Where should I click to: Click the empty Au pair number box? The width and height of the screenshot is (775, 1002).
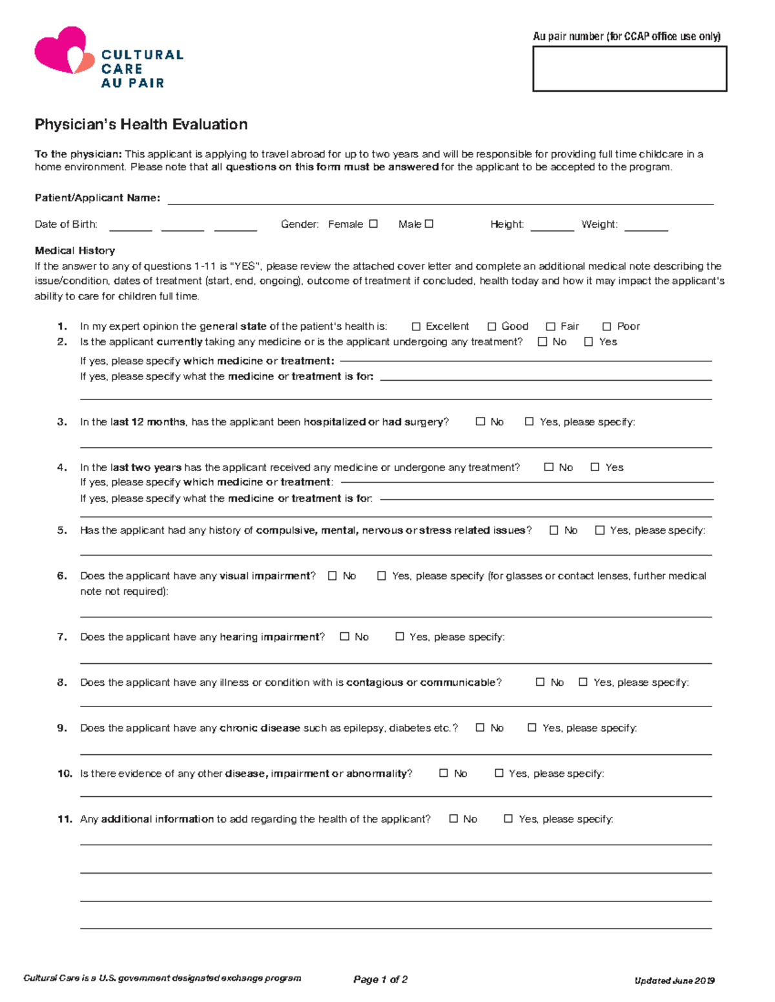629,68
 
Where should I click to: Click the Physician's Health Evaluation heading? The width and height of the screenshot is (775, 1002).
141,125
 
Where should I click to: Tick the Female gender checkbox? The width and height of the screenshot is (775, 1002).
373,224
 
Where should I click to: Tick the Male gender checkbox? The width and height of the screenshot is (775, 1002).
429,224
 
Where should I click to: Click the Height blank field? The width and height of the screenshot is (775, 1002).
552,225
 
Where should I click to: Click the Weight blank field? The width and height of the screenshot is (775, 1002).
646,225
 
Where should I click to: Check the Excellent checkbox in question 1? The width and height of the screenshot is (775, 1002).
416,326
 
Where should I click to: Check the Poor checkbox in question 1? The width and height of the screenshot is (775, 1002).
606,326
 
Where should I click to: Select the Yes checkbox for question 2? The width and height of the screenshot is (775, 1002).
588,342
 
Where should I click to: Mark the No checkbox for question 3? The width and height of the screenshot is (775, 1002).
480,421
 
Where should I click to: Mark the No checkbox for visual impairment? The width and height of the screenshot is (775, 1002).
333,576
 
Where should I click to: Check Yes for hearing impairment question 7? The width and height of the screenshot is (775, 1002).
399,637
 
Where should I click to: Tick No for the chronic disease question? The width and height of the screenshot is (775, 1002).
480,727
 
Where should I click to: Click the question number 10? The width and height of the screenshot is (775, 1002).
65,773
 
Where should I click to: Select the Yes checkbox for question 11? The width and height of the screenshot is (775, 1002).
508,818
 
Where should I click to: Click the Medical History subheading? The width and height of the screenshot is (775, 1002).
75,250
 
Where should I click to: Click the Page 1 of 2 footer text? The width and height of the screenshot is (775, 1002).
380,979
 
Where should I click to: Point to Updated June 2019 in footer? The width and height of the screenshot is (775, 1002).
674,981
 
